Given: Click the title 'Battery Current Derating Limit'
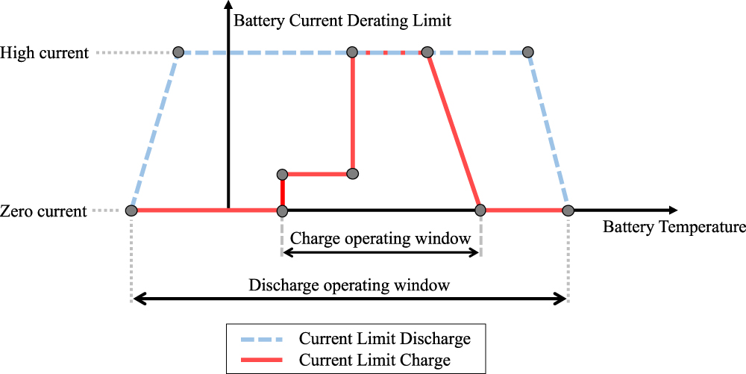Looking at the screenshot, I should pos(342,19).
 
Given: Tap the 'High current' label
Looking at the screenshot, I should pos(45,53).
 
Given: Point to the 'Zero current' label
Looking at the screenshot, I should pos(44,211).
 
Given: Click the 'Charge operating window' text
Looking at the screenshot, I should pos(380,239).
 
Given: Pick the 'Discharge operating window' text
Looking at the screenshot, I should pos(349,285).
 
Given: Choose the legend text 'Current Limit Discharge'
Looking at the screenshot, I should pos(384,338).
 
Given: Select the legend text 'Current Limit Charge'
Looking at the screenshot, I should pos(374,360).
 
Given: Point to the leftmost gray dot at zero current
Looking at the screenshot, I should pos(131,211).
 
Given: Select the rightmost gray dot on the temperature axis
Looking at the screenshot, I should pos(568,211).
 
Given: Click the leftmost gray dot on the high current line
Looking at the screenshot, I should pos(178,52).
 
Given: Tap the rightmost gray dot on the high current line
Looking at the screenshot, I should pos(528,52).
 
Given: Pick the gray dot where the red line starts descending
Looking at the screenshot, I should pos(427,52).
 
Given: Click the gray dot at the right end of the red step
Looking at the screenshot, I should pos(354,174).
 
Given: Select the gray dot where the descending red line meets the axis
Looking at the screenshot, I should pos(481,211).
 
